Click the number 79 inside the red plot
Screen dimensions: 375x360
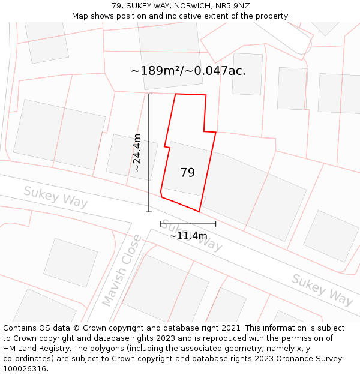coord(187,173)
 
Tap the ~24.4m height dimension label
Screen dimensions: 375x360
coord(137,152)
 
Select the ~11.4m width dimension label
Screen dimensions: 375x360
coord(188,236)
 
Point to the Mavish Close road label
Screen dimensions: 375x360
coord(122,270)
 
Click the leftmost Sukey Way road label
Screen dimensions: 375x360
coord(55,197)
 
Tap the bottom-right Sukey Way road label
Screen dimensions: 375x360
coord(322,289)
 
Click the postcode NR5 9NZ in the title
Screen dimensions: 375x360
coord(233,5)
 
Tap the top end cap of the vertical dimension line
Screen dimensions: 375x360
coord(149,94)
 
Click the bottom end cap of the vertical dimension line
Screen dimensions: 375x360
coord(149,212)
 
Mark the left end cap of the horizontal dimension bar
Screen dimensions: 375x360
coord(161,224)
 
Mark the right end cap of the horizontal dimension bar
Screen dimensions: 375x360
coord(216,224)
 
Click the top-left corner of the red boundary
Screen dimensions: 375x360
coord(175,94)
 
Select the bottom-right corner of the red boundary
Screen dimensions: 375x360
coord(199,211)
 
